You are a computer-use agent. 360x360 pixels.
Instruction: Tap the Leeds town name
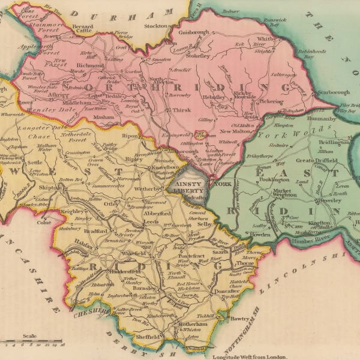pyautogui.click(x=151, y=221)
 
